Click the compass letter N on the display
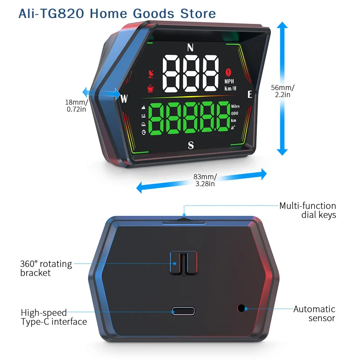(190, 48)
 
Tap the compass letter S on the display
(191, 145)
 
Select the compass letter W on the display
(124, 99)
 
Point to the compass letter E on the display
(250, 94)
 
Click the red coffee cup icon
(151, 88)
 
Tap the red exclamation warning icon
(228, 72)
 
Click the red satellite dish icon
(151, 74)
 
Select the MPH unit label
(229, 81)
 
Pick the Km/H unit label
(230, 88)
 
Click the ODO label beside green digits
(234, 113)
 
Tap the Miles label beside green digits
(235, 106)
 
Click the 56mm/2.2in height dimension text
(283, 91)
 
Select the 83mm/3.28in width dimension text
(205, 180)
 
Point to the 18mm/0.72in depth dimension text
(76, 105)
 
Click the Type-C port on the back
(183, 311)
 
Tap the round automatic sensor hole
(241, 308)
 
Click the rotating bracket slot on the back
(184, 263)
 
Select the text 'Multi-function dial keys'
(308, 210)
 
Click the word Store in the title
(198, 13)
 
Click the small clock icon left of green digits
(144, 132)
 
